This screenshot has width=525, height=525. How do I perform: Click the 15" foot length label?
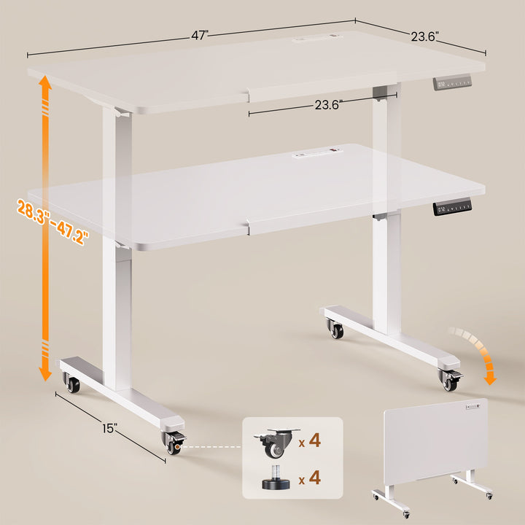pyautogui.click(x=110, y=429)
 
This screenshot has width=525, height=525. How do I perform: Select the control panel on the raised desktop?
pyautogui.click(x=454, y=85)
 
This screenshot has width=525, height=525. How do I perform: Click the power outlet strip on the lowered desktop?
pyautogui.click(x=317, y=154)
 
